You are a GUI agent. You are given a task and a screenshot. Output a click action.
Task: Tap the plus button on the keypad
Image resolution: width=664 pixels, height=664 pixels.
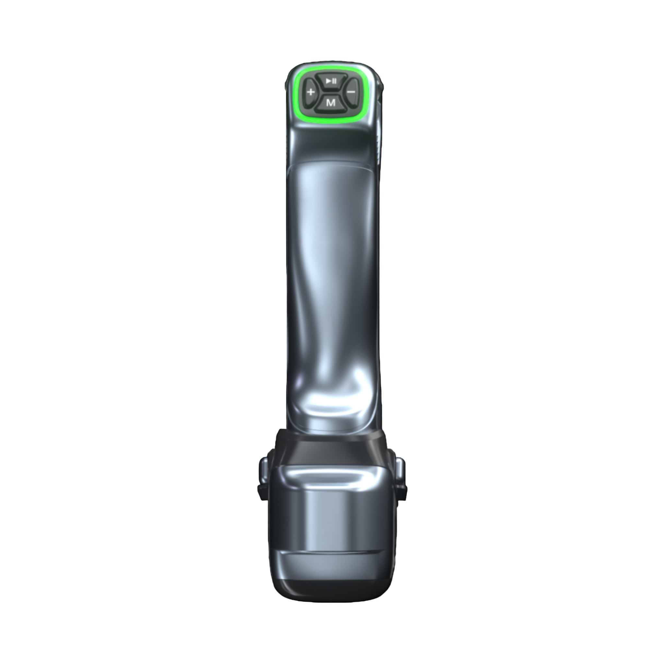click(310, 92)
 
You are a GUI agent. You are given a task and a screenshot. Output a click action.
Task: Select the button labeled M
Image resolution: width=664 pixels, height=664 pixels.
click(331, 103)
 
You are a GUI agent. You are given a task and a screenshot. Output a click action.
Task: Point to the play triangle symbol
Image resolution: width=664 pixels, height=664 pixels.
click(328, 81)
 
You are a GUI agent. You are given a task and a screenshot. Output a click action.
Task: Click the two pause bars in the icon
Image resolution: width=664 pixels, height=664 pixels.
click(334, 81)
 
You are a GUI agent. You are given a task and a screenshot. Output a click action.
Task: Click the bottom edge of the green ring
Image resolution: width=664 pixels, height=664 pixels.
click(331, 120)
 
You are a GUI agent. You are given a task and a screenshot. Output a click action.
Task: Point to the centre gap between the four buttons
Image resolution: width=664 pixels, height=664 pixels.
click(331, 91)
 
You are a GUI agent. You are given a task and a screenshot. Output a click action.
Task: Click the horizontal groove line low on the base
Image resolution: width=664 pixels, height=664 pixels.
click(332, 562)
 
